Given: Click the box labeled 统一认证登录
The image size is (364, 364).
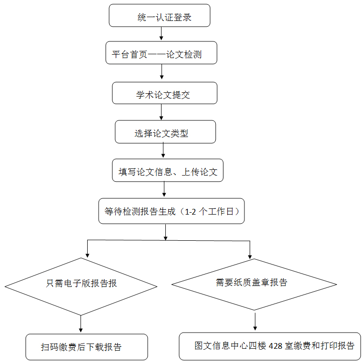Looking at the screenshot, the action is [x=160, y=15].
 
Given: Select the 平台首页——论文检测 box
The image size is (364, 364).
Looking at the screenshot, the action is [x=162, y=53].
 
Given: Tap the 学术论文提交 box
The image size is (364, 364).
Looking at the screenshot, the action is [x=164, y=93].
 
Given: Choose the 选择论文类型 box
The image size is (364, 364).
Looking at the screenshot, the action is [x=165, y=132].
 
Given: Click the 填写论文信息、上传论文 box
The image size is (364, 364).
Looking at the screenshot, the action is [x=168, y=170].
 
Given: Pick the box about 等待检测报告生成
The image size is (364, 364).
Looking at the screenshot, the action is [x=172, y=211].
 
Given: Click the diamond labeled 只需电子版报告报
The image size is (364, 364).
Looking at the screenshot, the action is [x=81, y=286].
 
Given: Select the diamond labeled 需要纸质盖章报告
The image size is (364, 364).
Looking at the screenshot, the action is [x=254, y=285].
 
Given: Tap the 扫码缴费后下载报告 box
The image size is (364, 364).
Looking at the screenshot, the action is [x=87, y=347].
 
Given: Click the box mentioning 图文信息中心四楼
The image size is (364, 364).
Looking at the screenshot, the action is [x=270, y=346].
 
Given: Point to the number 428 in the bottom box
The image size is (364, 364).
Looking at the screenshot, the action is [x=275, y=346].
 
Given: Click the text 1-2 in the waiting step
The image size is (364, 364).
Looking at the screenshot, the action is [x=191, y=212].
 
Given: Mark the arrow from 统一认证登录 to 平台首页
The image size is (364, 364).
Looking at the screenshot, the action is [x=162, y=33].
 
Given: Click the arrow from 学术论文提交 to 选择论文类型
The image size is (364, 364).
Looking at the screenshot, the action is [x=162, y=112].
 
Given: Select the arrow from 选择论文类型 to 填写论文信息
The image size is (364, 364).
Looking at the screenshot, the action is [x=163, y=150].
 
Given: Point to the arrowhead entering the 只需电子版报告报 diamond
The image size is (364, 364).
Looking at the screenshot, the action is [x=87, y=256].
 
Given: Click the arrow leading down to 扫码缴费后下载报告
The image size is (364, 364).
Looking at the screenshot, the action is [x=81, y=324].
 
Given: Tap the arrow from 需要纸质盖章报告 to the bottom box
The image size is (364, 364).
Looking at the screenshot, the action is [x=255, y=322].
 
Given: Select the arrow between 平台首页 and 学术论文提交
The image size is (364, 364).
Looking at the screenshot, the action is [x=162, y=71].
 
